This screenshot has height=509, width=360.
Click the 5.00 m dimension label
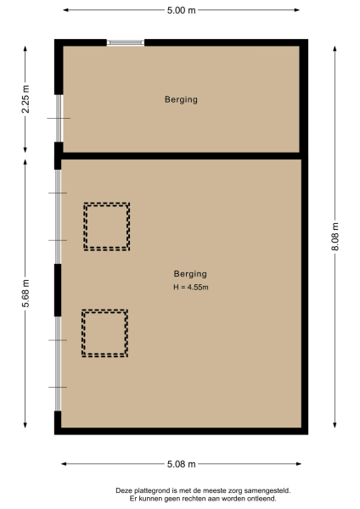coord(179,10)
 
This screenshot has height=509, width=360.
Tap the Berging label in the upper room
coord(181,99)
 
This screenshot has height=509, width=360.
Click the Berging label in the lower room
coord(190,274)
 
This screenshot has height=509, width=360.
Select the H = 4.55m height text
coord(190,288)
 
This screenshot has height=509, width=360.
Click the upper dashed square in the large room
coord(106,226)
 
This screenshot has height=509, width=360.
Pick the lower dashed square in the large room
coord(105,333)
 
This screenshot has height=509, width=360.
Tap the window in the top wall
coord(126,42)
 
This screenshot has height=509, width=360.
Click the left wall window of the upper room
coord(58,118)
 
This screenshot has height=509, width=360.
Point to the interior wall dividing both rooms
coord(181,156)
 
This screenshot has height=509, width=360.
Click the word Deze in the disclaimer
coord(124,490)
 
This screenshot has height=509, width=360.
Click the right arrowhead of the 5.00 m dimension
coord(299,10)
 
